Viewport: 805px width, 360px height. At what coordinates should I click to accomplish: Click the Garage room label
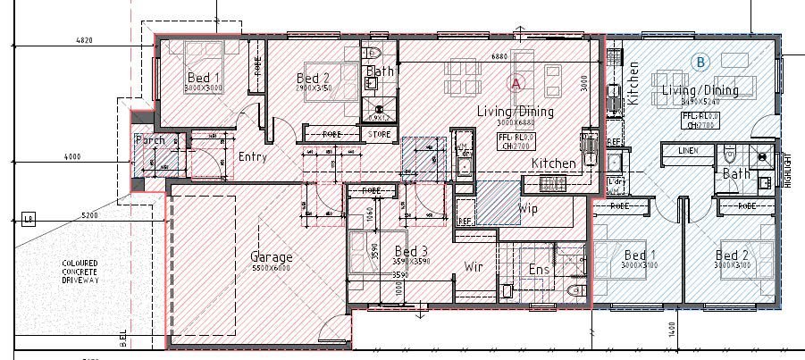pyautogui.click(x=272, y=257)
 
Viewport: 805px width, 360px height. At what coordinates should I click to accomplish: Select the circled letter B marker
pyautogui.click(x=701, y=62)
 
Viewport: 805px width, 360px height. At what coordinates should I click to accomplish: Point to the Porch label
pyautogui.click(x=150, y=140)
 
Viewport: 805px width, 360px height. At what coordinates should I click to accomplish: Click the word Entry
pyautogui.click(x=254, y=156)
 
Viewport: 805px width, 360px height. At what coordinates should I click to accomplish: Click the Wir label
pyautogui.click(x=474, y=266)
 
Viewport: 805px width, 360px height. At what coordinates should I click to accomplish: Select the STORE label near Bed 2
pyautogui.click(x=379, y=134)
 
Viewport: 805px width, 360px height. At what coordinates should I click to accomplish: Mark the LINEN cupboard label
pyautogui.click(x=688, y=151)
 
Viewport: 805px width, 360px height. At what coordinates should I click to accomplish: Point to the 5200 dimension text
pyautogui.click(x=88, y=215)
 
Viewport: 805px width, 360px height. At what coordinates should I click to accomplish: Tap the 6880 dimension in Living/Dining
pyautogui.click(x=499, y=56)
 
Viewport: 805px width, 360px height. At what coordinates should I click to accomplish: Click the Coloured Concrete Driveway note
pyautogui.click(x=80, y=272)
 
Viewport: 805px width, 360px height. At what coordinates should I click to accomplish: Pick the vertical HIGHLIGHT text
pyautogui.click(x=787, y=166)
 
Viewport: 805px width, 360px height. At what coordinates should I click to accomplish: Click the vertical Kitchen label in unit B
pyautogui.click(x=633, y=84)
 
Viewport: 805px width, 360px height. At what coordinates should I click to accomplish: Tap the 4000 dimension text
pyautogui.click(x=71, y=156)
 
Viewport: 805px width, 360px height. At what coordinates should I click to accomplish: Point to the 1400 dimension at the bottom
pyautogui.click(x=668, y=331)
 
